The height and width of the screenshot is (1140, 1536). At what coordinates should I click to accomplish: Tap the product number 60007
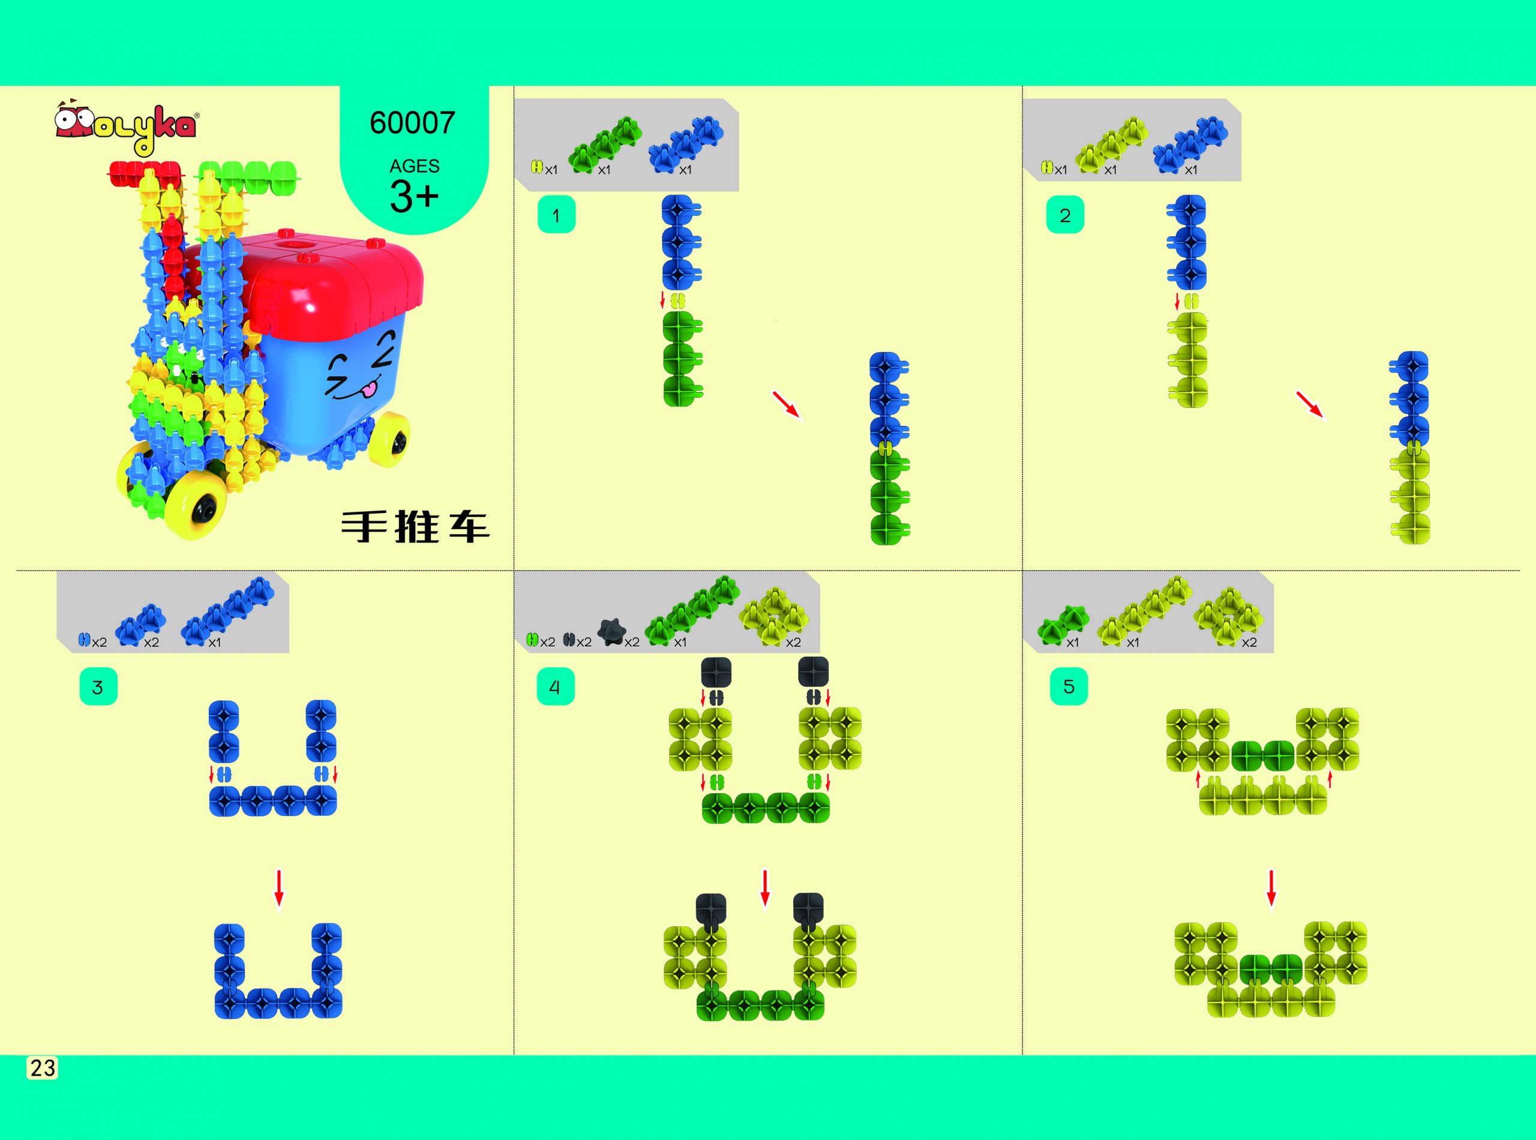click(413, 123)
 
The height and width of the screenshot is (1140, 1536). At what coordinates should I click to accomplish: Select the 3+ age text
click(414, 196)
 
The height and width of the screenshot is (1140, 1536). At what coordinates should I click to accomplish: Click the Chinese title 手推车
click(415, 527)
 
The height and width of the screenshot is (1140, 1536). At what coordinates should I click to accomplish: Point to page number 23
click(42, 1067)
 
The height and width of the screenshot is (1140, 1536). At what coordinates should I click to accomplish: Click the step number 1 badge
click(556, 215)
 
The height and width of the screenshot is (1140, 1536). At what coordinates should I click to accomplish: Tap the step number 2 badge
click(1065, 215)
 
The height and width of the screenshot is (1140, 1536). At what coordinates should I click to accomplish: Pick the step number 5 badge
click(1069, 686)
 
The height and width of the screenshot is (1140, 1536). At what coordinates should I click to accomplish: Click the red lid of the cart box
click(325, 276)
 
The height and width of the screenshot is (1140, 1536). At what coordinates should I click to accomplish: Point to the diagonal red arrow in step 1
click(787, 405)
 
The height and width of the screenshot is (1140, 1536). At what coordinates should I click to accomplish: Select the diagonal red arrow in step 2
click(1311, 405)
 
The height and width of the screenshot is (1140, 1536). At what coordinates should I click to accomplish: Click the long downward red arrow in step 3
click(279, 889)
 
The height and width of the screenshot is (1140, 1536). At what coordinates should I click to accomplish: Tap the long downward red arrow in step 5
click(1271, 889)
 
